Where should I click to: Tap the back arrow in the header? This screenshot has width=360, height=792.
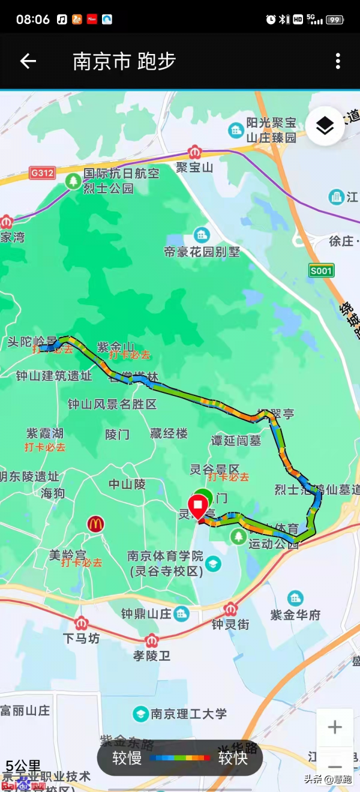[28, 61]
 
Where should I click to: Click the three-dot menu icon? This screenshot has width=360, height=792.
[338, 61]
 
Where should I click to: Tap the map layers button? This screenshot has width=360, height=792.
[325, 126]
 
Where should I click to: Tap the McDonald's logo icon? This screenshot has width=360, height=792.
[95, 524]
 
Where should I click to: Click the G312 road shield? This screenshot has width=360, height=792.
[42, 173]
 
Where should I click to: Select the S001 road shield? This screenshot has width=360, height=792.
[321, 271]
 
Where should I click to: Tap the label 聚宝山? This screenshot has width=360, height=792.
[194, 167]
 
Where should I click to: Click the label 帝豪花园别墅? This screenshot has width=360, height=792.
[202, 251]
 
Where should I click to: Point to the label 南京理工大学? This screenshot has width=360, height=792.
[188, 714]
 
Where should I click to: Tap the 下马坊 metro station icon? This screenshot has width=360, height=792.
[82, 623]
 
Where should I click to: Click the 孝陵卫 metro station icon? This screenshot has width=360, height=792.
[152, 641]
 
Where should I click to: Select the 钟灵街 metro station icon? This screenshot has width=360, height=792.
[230, 610]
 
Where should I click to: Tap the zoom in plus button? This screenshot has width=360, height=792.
[335, 728]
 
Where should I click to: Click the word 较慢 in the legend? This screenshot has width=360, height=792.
[127, 758]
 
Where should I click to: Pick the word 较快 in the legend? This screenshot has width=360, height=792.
[233, 758]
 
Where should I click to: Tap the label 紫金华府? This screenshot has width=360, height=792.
[295, 615]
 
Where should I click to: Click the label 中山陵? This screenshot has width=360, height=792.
[127, 484]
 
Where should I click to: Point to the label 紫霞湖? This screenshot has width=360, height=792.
[45, 433]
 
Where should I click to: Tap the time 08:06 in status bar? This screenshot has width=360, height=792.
[33, 19]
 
